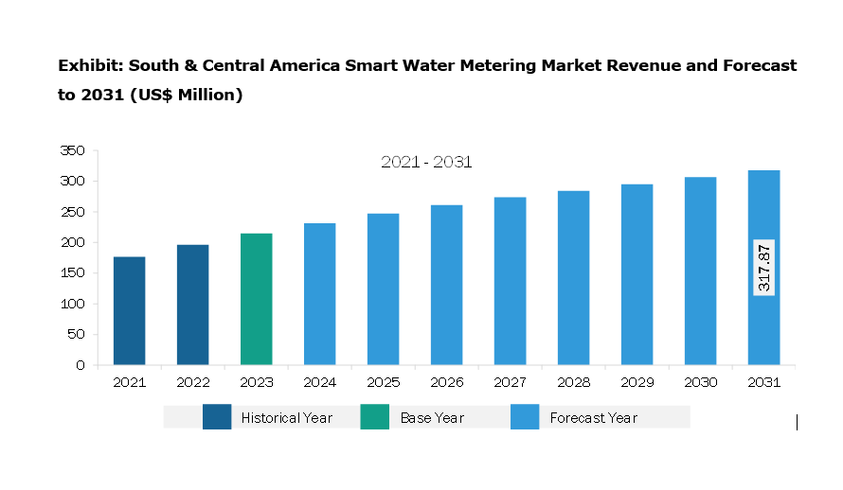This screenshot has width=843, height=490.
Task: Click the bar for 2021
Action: click(x=129, y=310)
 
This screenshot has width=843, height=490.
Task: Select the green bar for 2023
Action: click(x=256, y=299)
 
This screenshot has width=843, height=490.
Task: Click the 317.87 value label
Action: click(x=764, y=267)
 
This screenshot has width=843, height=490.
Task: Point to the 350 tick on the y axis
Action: click(x=72, y=150)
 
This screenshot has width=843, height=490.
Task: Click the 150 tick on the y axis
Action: click(x=72, y=273)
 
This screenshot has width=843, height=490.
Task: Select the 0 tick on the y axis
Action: click(x=80, y=365)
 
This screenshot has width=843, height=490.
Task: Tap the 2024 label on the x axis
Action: click(x=319, y=383)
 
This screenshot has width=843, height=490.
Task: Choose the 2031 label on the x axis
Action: click(x=763, y=383)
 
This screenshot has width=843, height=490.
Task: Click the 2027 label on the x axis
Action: click(x=510, y=383)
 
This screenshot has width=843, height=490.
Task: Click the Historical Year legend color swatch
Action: click(x=217, y=417)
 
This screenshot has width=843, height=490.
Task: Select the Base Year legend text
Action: click(x=432, y=417)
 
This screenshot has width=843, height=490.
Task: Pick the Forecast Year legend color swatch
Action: click(x=525, y=417)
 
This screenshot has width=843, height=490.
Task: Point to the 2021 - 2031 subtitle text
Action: click(x=426, y=163)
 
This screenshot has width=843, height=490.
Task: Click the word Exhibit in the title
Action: click(x=88, y=66)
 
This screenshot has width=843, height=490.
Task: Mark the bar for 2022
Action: click(x=192, y=305)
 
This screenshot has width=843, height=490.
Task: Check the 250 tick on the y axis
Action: click(x=72, y=212)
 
